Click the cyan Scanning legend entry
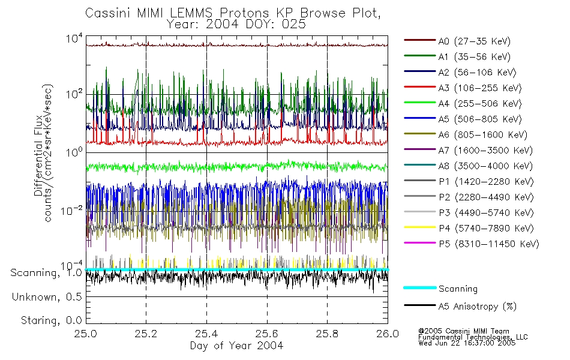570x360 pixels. [x=458, y=289]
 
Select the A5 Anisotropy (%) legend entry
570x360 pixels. [x=477, y=306]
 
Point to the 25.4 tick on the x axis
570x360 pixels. [x=206, y=334]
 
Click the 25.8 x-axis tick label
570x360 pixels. [x=327, y=334]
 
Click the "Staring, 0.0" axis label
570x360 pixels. [x=51, y=320]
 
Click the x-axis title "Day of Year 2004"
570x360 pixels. [x=236, y=346]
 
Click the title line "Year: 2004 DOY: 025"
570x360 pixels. [x=236, y=25]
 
